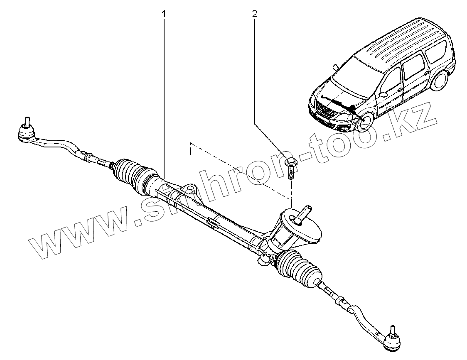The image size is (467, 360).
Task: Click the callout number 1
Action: point(164,14)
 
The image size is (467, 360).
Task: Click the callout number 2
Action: point(254,14)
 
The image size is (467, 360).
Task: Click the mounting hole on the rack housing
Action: point(190,189)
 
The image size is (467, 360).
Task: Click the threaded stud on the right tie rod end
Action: point(390,328)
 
